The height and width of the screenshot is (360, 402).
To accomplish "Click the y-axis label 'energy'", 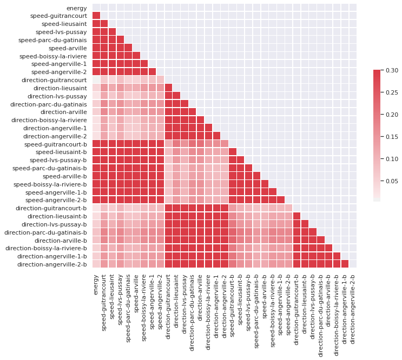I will click(x=76, y=8).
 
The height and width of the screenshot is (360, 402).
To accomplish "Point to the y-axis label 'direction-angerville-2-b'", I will click(x=52, y=264).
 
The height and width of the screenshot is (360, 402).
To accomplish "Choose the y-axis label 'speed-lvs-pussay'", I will click(x=61, y=32).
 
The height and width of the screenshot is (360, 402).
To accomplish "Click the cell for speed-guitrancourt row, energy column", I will click(x=96, y=16).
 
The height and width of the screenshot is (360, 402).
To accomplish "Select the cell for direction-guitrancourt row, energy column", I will click(x=96, y=80).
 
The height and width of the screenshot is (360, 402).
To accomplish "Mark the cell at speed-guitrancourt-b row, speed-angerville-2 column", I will click(x=161, y=144).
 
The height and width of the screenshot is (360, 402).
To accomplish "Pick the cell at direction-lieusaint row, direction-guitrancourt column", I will click(x=169, y=88).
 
